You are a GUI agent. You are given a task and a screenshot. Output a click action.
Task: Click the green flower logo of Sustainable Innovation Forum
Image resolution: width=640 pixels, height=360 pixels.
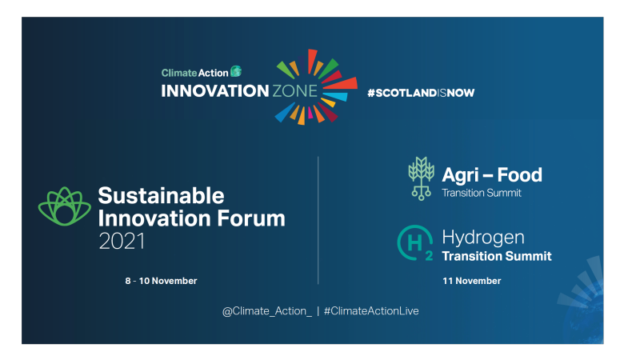pyautogui.click(x=65, y=207)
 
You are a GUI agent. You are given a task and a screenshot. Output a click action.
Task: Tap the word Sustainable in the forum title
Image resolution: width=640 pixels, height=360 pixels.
pyautogui.click(x=161, y=195)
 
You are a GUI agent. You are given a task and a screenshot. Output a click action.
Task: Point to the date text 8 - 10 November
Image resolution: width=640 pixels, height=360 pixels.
pyautogui.click(x=161, y=281)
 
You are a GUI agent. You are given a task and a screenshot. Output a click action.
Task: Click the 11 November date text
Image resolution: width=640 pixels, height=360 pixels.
pyautogui.click(x=472, y=281)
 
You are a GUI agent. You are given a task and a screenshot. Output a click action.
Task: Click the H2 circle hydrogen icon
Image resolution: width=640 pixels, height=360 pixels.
pyautogui.click(x=416, y=244)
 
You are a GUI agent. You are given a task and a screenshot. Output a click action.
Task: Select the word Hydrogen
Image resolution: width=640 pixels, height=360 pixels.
pyautogui.click(x=483, y=238)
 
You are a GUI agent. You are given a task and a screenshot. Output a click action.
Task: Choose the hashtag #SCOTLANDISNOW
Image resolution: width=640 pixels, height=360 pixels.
pyautogui.click(x=421, y=93)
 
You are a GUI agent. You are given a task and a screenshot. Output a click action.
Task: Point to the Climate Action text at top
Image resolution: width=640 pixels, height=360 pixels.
pyautogui.click(x=194, y=72)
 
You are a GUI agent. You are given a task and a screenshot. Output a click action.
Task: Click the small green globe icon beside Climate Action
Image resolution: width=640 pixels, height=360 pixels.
pyautogui.click(x=235, y=71)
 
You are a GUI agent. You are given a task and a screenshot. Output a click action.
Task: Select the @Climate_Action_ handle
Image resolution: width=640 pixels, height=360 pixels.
pyautogui.click(x=267, y=310)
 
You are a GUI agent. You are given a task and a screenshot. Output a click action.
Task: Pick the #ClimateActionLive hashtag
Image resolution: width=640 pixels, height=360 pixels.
pyautogui.click(x=371, y=310)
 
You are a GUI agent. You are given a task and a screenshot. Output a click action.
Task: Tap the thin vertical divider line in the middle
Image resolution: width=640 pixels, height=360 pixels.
pyautogui.click(x=318, y=220)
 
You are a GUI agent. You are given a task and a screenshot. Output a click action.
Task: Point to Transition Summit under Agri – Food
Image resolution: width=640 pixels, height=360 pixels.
pyautogui.click(x=482, y=192)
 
